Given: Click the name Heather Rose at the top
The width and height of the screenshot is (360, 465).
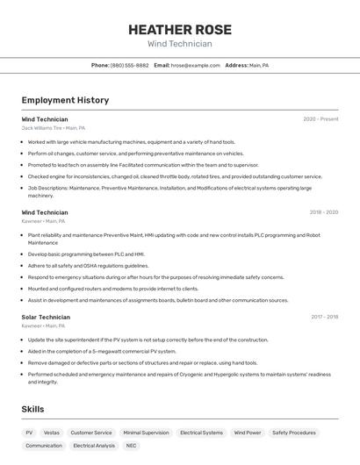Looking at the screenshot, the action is (179, 29).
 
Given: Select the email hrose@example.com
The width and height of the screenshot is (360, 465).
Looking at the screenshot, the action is (195, 65).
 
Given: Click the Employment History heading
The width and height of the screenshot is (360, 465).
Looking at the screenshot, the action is (65, 100).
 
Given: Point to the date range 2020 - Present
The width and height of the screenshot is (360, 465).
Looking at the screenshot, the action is (320, 119).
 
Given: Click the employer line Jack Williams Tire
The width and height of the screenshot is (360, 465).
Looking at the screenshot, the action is (54, 128).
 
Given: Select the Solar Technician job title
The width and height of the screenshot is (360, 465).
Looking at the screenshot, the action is (46, 317).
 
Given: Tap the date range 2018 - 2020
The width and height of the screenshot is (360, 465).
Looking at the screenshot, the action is (323, 211).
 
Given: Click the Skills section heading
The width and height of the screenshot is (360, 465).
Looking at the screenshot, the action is (32, 409).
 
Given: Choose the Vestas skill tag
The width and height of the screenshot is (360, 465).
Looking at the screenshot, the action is (52, 433).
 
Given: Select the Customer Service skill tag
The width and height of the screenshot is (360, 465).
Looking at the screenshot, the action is (91, 433).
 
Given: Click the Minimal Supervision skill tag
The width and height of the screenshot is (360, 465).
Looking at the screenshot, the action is (146, 433).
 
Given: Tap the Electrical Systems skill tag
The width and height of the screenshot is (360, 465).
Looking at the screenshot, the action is (201, 433).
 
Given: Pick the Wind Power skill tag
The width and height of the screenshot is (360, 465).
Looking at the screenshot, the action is (248, 433).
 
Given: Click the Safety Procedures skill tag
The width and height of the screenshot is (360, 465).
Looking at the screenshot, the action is (293, 433).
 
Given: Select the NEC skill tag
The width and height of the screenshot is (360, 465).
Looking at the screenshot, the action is (131, 446).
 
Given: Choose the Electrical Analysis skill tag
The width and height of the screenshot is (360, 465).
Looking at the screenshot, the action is (94, 446).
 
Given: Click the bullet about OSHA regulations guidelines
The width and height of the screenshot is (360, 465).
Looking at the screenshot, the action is (88, 266).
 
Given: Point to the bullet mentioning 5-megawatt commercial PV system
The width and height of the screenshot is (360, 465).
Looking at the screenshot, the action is (102, 351).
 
